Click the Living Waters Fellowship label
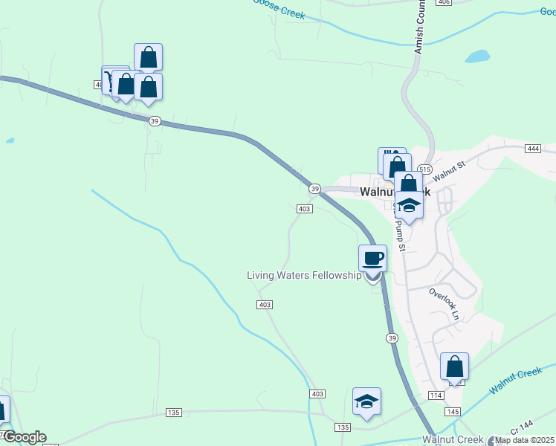coord(304,276)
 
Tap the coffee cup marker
coord(372,259)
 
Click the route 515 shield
coord(424,169)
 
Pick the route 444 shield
coord(531,149)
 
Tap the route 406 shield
coord(444,2)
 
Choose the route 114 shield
coord(436,395)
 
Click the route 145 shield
coord(452,411)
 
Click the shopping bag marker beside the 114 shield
coord(454,366)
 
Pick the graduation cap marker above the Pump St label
coord(408,204)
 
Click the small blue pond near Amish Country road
coord(477,56)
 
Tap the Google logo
coord(25,437)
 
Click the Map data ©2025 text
coord(525,440)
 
